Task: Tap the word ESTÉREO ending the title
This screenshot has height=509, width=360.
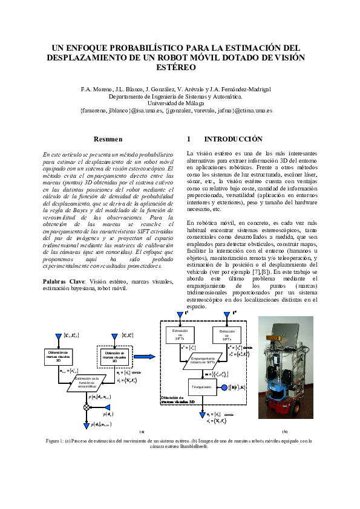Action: pos(180,68)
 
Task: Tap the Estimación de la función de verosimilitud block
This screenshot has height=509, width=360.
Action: pos(86,381)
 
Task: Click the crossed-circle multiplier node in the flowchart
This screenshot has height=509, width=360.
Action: pos(86,408)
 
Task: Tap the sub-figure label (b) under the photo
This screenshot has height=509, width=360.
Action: pos(285,432)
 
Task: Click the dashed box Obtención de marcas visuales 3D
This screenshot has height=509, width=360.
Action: pos(114,356)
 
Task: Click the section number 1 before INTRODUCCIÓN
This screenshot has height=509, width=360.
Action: pos(189,139)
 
